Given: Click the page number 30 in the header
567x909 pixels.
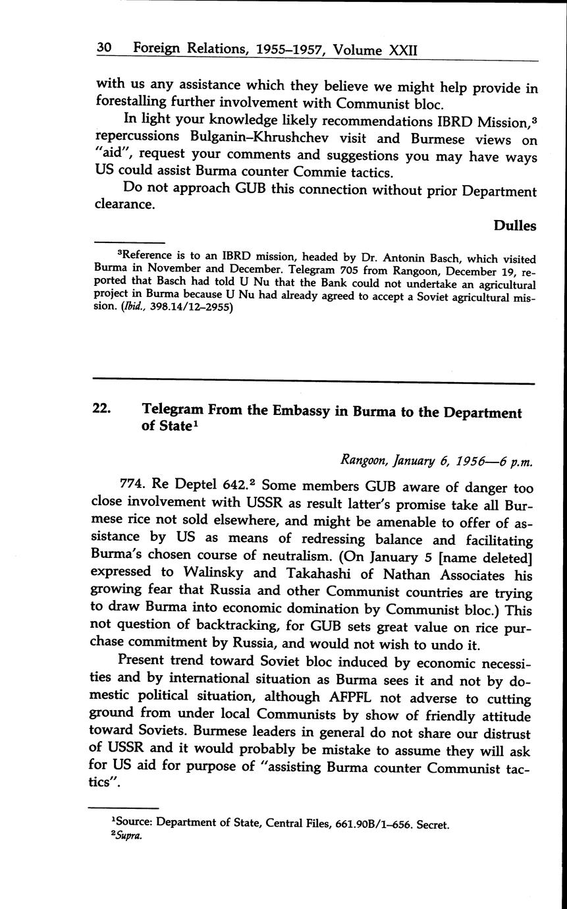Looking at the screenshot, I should coord(103,49).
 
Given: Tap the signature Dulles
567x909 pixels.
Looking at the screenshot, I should coord(515,226).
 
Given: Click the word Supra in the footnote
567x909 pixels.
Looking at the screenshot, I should coord(128,837).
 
